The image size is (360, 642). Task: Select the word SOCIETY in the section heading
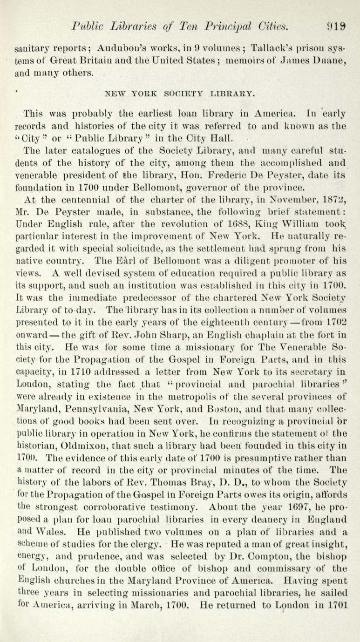pyautogui.click(x=175, y=93)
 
